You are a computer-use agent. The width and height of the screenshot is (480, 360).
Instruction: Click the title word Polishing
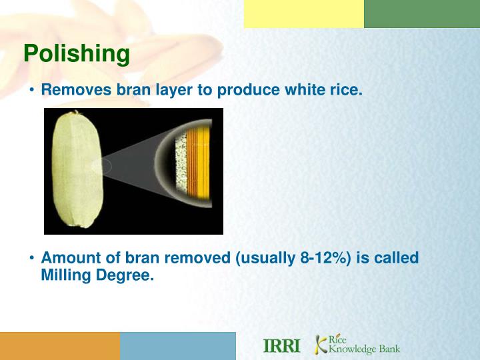coord(77,53)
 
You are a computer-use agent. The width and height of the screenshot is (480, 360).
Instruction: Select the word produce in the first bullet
coord(257,90)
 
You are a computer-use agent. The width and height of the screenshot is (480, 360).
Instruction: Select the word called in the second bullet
coord(396,258)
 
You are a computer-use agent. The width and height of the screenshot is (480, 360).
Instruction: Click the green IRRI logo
coord(282,346)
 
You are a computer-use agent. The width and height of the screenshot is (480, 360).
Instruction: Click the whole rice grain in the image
coord(77,171)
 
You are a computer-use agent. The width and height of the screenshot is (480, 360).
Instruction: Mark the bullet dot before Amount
coord(32,258)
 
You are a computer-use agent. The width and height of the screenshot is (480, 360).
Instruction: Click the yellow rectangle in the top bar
coord(304,14)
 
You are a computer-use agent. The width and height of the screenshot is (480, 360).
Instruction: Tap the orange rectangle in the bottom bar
coord(60,346)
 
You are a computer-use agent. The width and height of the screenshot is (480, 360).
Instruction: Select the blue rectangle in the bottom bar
coord(178,346)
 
